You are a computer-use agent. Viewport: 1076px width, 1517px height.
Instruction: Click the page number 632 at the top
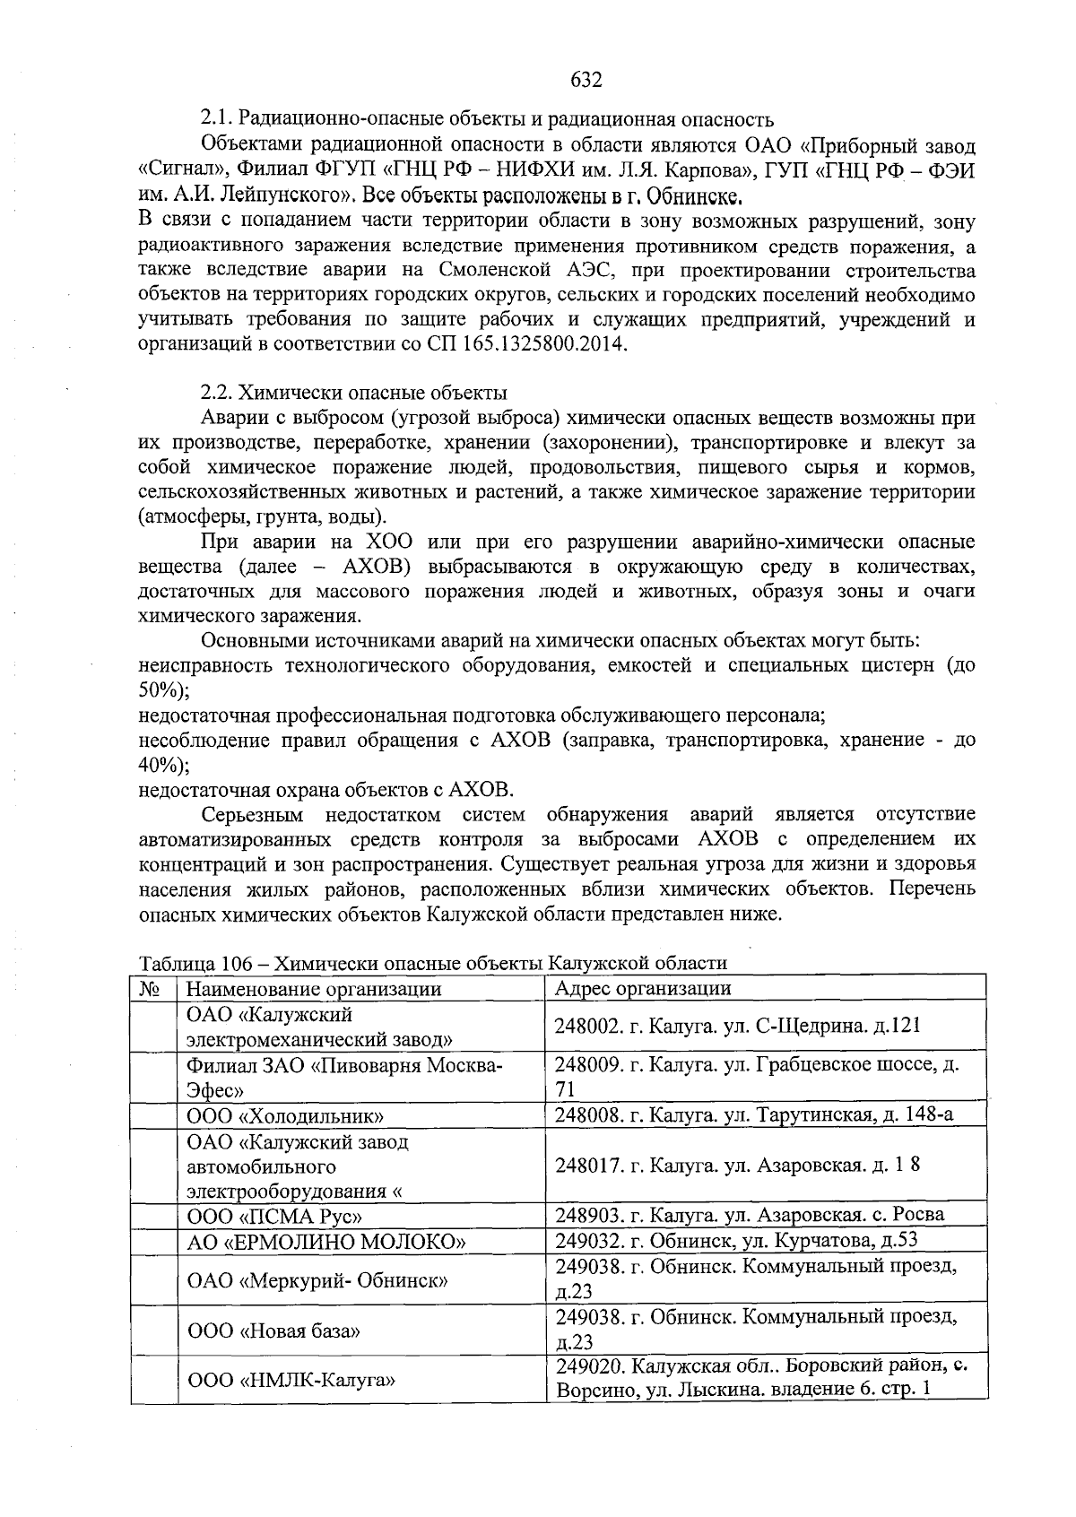pos(586,80)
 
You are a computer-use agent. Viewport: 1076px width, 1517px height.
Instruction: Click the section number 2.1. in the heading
pos(218,119)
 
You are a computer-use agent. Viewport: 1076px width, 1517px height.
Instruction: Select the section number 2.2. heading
pos(218,393)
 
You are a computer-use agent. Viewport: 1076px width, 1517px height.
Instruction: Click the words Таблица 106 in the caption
pos(191,963)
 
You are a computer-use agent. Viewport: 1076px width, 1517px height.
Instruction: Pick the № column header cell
pos(152,988)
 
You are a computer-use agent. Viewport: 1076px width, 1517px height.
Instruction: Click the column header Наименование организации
pos(314,988)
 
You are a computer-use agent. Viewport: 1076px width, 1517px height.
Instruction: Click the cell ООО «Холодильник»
pos(285,1115)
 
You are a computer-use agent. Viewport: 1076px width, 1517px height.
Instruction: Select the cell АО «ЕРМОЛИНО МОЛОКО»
pos(326,1242)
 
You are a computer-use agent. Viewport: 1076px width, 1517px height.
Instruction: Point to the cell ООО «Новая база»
pos(273,1331)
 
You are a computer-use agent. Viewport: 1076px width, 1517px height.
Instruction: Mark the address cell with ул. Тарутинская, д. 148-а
pos(753,1114)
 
